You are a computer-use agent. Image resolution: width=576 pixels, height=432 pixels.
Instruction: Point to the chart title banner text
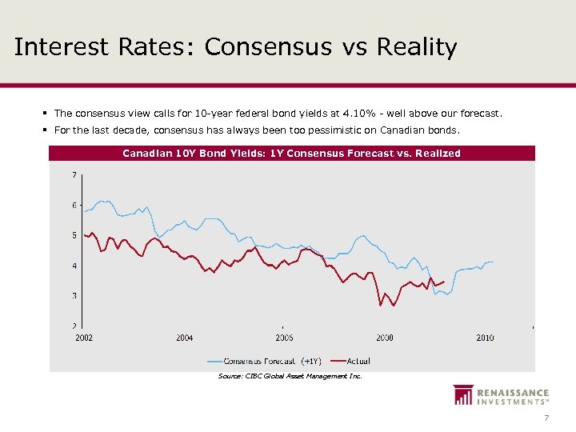pyautogui.click(x=291, y=153)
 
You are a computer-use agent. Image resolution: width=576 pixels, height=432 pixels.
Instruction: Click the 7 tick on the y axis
pyautogui.click(x=74, y=174)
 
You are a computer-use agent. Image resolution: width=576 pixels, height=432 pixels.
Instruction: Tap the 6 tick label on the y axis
pyautogui.click(x=74, y=205)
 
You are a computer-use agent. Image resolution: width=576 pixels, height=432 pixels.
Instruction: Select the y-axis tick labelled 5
pyautogui.click(x=74, y=235)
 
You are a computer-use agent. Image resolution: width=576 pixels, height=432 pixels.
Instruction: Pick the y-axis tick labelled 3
pyautogui.click(x=74, y=296)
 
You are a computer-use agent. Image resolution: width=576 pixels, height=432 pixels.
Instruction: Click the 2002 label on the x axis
pyautogui.click(x=84, y=338)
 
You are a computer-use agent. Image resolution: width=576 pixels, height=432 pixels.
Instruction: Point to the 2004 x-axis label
pyautogui.click(x=184, y=338)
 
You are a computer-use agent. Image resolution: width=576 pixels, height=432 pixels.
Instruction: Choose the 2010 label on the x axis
pyautogui.click(x=484, y=338)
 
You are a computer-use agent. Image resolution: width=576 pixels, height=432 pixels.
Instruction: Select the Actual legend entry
pyautogui.click(x=358, y=361)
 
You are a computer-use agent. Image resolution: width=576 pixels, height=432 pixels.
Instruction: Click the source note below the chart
pyautogui.click(x=290, y=376)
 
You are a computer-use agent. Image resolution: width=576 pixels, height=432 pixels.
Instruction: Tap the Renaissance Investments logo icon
pyautogui.click(x=462, y=395)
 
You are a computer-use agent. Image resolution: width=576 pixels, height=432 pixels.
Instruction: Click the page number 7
pyautogui.click(x=546, y=418)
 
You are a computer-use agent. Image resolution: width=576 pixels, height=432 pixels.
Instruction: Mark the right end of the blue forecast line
pyautogui.click(x=494, y=262)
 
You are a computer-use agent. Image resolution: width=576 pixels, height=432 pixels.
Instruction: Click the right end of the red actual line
pyautogui.click(x=444, y=281)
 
